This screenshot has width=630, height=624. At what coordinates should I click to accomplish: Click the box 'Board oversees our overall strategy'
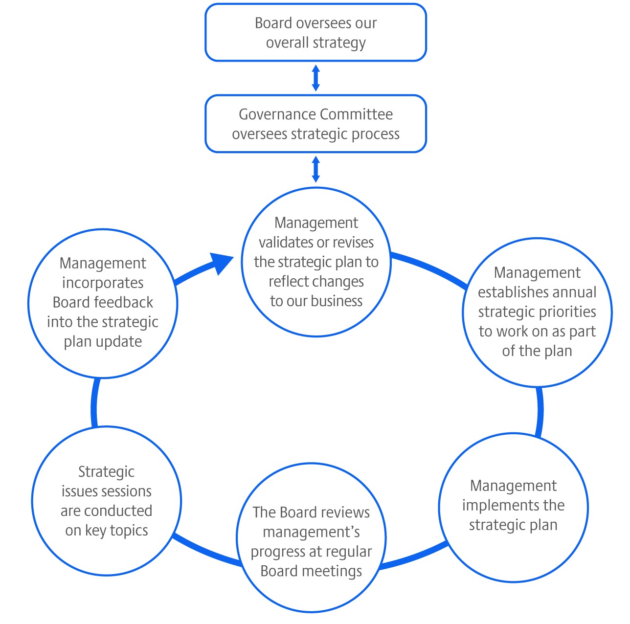click(x=315, y=33)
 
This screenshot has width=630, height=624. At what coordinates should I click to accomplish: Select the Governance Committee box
click(x=315, y=124)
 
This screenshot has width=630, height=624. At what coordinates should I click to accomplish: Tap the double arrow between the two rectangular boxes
click(x=316, y=78)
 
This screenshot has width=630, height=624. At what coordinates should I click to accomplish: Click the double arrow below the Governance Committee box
click(x=316, y=169)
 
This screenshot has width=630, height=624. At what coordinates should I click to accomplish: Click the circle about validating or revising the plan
click(x=316, y=262)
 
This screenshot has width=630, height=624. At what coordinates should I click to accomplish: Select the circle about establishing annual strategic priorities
click(x=537, y=312)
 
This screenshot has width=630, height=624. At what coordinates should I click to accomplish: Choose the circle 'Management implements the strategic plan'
click(x=514, y=507)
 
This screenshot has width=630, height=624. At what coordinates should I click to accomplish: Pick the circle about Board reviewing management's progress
click(x=311, y=538)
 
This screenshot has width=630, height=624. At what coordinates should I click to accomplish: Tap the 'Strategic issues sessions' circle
click(x=107, y=501)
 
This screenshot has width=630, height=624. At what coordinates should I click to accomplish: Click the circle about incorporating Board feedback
click(x=103, y=303)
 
